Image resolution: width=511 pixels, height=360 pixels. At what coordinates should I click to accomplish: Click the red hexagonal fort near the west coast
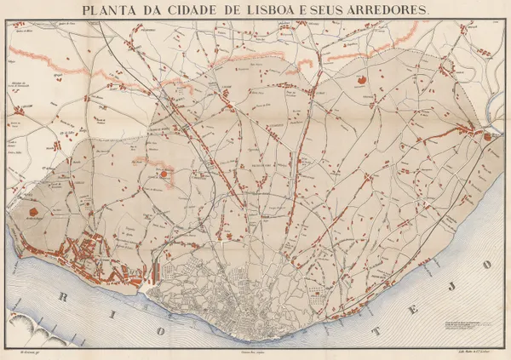pyautogui.click(x=33, y=210)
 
